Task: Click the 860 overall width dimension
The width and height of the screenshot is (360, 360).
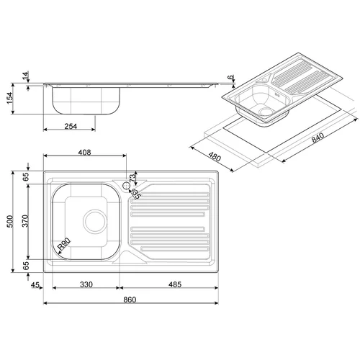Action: coord(130,300)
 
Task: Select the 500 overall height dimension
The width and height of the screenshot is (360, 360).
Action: coord(10,222)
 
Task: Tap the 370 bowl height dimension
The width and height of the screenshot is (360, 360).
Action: coord(25,221)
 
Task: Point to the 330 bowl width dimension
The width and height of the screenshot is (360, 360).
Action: coord(86,284)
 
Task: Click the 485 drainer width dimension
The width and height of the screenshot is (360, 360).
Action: coord(175,284)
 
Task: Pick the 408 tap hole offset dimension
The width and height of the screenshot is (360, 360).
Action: coord(85,153)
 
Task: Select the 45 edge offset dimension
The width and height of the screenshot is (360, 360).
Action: coord(35,285)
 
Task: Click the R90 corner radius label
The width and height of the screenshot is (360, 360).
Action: coord(64,244)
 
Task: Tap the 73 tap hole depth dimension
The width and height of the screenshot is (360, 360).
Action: coord(132,178)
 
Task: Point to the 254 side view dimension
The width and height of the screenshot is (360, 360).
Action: coord(71,126)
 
